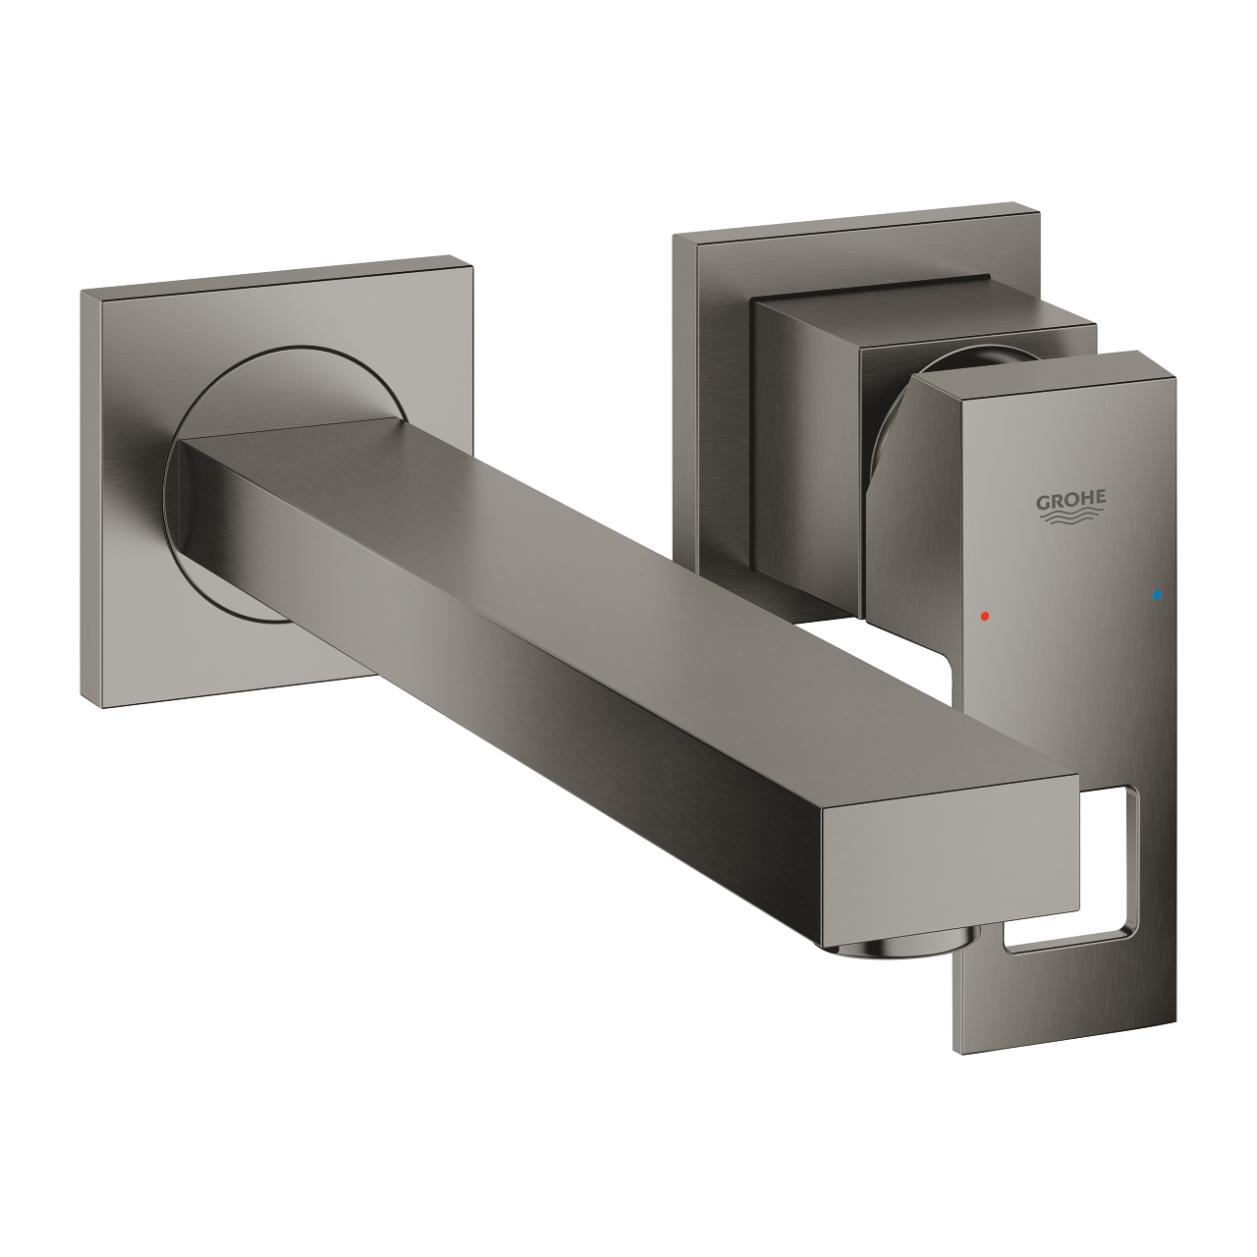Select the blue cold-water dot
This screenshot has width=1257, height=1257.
click(1160, 595)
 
